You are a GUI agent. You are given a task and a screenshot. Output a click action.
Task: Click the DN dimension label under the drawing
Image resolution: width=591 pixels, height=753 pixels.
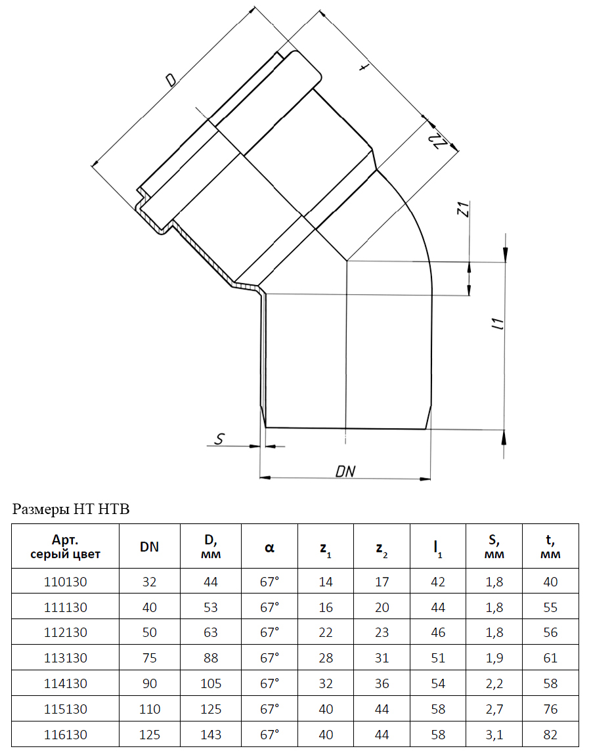pos(345,471)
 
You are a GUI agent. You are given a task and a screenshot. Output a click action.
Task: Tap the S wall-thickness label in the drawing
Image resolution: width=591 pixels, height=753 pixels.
pos(219,439)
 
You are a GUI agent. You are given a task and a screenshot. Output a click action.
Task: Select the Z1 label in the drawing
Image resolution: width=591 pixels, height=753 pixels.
pos(463,209)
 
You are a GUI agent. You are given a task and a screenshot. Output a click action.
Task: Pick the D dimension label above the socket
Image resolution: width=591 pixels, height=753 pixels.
pos(171,79)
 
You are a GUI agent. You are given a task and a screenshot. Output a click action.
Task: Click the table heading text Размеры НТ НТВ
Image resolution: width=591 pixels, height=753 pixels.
pos(71,509)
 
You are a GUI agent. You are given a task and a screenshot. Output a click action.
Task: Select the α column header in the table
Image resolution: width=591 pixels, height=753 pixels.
pos(269,547)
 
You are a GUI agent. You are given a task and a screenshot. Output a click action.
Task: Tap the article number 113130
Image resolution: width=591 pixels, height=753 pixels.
pos(66,657)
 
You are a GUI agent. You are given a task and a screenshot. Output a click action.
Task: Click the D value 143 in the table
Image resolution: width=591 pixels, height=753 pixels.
pos(210,734)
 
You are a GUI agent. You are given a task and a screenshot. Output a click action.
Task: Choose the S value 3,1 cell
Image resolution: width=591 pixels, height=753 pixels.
pos(494,734)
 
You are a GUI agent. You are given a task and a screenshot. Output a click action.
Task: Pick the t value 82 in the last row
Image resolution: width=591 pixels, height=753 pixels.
pos(551,734)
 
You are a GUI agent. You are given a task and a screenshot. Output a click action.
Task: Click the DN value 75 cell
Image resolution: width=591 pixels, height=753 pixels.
pos(150,657)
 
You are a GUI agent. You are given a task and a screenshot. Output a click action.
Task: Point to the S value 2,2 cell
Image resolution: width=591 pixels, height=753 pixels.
pos(494,683)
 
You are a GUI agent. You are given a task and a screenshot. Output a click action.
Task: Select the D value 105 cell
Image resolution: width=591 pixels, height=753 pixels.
pos(210,683)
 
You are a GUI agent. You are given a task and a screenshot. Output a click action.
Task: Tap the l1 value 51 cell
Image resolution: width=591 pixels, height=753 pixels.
pos(438,657)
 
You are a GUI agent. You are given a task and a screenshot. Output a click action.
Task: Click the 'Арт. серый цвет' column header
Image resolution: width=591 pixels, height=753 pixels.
pos(66,546)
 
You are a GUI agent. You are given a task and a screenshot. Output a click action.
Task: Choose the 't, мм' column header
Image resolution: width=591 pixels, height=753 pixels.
pos(551,546)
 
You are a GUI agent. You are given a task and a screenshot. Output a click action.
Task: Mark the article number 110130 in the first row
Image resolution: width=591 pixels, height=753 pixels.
pos(66,582)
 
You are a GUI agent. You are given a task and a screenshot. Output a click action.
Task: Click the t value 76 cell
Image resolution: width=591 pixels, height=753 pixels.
pos(551,709)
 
